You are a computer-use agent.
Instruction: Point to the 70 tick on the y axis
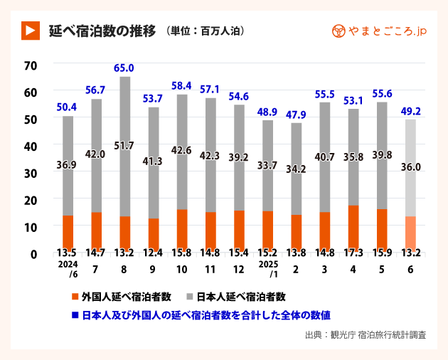tap(30, 65)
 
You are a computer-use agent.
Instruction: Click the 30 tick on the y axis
tap(30, 172)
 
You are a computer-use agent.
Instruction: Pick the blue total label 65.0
tap(124, 68)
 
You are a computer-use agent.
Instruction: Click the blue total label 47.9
tap(295, 115)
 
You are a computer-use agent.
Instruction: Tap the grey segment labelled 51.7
tap(124, 146)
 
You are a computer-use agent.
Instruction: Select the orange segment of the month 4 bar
tap(353, 226)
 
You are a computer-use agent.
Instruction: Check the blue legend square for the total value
tap(75, 314)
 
